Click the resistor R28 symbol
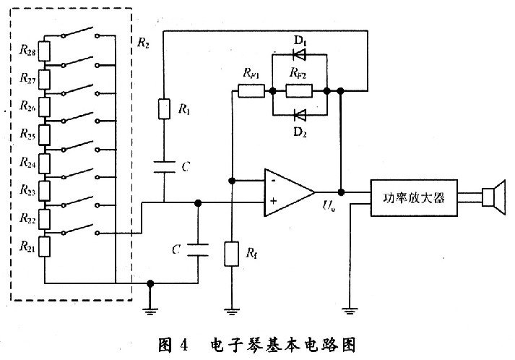coord(44,51)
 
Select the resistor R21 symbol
coord(44,247)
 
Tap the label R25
coord(27,134)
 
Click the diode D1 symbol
coord(299,54)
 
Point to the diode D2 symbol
coord(299,115)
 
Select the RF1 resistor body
coord(251,91)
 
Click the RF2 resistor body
coord(299,91)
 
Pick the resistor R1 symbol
coord(164,109)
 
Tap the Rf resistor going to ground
coord(232,254)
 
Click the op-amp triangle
coord(289,192)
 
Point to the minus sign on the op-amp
coord(273,180)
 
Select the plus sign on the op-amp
coord(273,201)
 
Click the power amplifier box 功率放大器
coord(414,197)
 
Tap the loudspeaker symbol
coord(493,197)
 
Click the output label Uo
coord(329,206)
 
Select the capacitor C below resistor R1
coord(164,167)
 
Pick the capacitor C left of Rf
coord(198,250)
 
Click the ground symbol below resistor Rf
coord(232,312)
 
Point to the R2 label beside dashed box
coord(143,43)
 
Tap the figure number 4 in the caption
coord(183,346)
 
